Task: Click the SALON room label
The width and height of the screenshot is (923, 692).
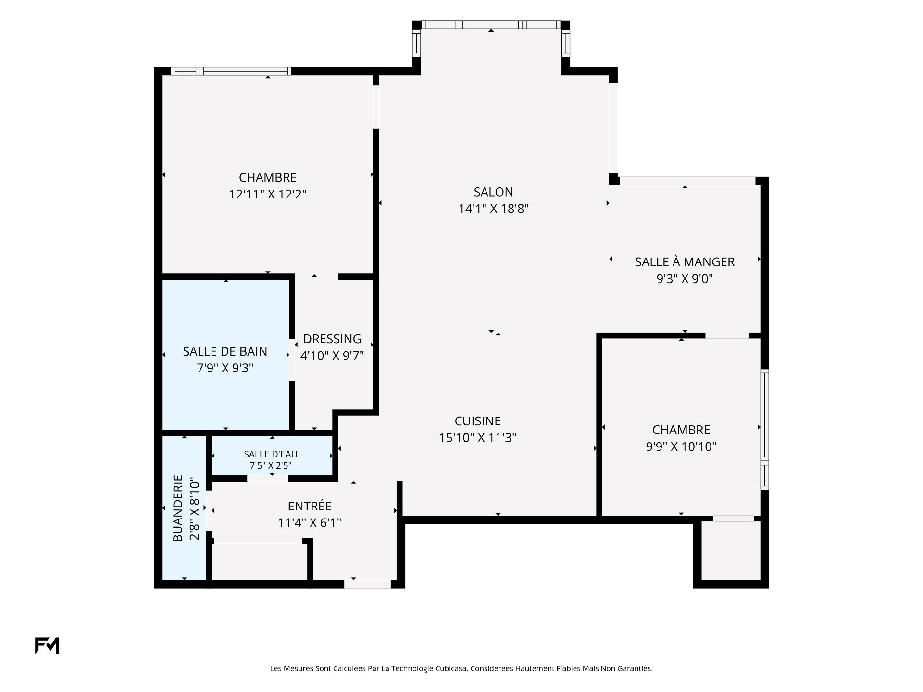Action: [x=493, y=192]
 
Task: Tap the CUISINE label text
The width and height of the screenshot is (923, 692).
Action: [x=478, y=421]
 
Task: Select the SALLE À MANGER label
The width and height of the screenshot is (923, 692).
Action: [x=685, y=262]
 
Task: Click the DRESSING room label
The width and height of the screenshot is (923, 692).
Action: [x=332, y=339]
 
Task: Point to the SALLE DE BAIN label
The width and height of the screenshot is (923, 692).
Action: [x=225, y=351]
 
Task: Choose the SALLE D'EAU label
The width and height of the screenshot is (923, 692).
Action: [x=271, y=454]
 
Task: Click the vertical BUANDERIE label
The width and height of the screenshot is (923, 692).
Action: [x=178, y=508]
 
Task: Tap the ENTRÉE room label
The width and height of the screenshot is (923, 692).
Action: [x=310, y=506]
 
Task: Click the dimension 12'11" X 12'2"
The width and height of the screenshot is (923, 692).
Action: [x=268, y=194]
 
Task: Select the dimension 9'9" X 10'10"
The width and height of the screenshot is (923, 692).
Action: [x=681, y=446]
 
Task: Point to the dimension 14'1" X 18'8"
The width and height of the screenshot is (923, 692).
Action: [x=494, y=209]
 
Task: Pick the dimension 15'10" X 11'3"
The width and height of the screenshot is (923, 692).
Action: [x=478, y=438]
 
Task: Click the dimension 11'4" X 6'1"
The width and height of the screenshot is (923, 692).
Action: [x=310, y=522]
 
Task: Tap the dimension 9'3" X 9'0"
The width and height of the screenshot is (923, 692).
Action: [x=685, y=279]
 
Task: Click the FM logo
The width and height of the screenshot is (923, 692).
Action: [x=47, y=645]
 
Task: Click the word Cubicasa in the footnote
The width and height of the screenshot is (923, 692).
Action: [x=451, y=668]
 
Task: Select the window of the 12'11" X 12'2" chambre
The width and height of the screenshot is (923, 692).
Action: [x=231, y=71]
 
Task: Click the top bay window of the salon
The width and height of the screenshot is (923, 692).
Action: [x=491, y=25]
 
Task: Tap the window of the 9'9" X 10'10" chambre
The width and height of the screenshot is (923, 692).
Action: [x=764, y=429]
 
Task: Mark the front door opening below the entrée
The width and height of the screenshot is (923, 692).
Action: [x=367, y=584]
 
